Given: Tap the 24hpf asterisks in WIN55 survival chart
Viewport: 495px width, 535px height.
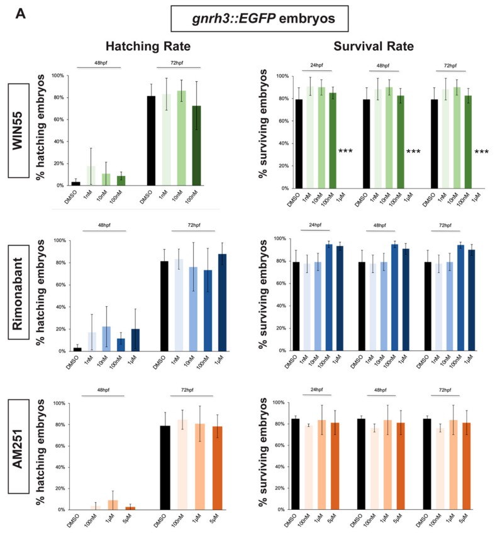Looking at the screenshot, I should tap(345, 152).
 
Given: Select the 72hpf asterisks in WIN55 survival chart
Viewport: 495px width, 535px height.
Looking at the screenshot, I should tap(482, 152).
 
